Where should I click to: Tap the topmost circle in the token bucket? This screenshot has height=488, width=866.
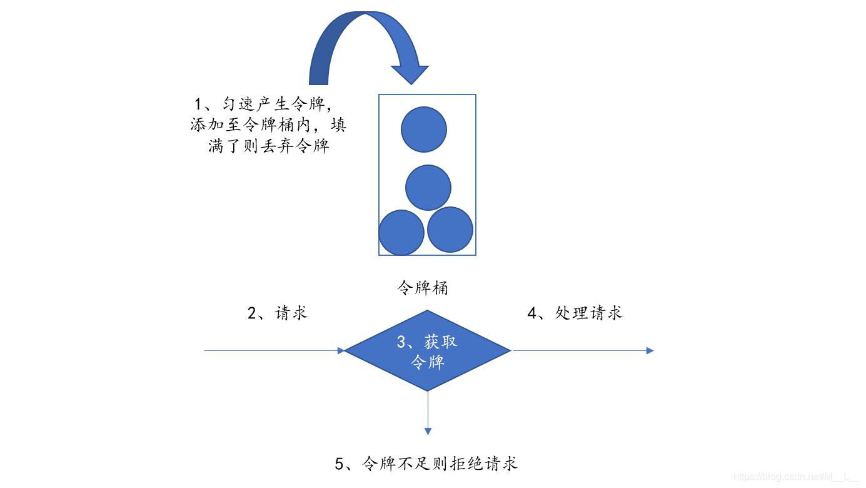424,130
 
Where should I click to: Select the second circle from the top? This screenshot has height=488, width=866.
428,188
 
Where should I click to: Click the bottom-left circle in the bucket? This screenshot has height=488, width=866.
401,233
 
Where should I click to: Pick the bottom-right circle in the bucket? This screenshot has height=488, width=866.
450,230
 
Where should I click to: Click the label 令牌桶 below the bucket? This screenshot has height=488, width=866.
423,288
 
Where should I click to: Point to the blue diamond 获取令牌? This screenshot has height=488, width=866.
428,351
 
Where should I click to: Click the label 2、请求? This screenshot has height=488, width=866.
278,313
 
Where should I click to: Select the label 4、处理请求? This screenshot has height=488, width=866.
575,313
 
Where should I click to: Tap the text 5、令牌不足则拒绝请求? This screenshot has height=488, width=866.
426,464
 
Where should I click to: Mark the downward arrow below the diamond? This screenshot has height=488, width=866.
428,413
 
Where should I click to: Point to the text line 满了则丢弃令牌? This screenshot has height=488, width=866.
269,146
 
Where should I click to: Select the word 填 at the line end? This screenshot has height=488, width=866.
338,125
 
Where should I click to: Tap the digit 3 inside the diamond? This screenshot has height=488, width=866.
402,342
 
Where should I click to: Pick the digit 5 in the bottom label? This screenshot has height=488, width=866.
340,464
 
